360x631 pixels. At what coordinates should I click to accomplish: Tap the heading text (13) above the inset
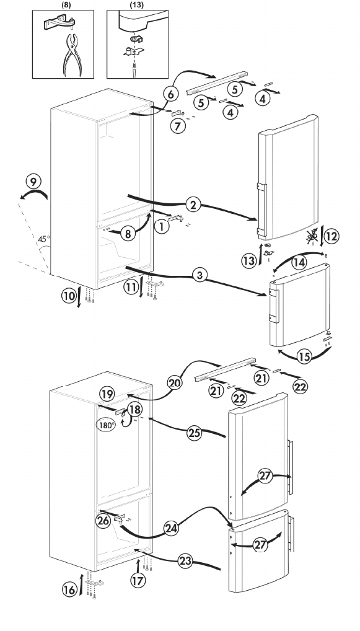(x=135, y=3)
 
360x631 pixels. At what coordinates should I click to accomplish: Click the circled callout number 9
(x=32, y=181)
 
